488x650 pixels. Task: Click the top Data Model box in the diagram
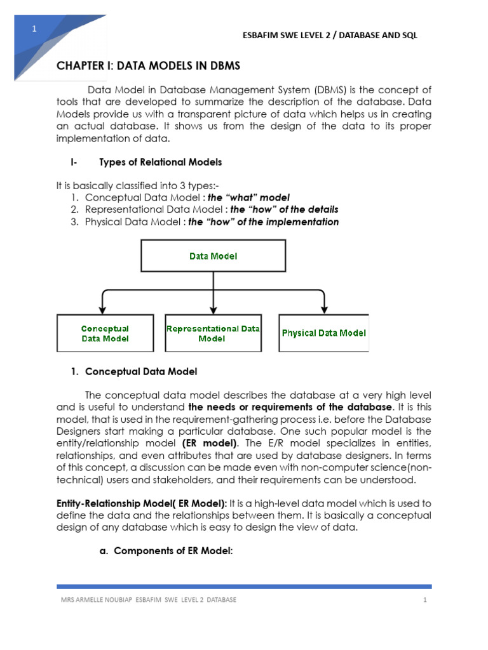213,256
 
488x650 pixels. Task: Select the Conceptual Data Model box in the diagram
105,333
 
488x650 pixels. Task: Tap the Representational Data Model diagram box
213,333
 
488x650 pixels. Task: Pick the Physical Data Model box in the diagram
323,333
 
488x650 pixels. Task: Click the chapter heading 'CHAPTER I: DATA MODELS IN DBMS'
149,66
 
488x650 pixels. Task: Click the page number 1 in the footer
423,600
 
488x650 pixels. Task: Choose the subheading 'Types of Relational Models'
161,162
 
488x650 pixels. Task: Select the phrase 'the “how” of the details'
284,209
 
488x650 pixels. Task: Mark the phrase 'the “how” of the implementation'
263,222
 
